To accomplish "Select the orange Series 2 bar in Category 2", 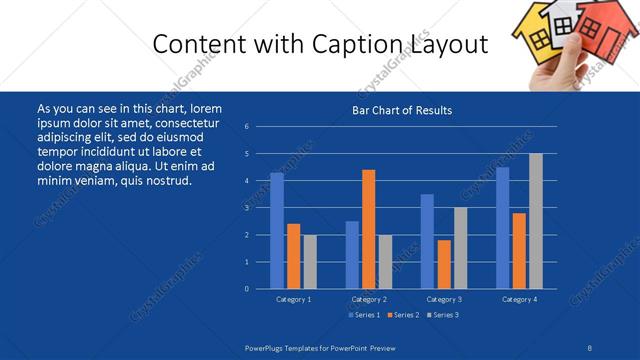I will pos(369,229).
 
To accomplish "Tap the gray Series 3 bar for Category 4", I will pos(536,221).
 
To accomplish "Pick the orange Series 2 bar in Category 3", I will pos(444,264).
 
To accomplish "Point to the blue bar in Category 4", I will pos(502,227).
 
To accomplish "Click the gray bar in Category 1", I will pos(310,261).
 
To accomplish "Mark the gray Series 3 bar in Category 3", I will pos(460,247).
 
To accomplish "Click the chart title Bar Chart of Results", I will pos(402,110).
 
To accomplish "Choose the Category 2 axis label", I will pos(369,299).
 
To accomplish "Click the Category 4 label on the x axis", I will pos(519,299).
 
